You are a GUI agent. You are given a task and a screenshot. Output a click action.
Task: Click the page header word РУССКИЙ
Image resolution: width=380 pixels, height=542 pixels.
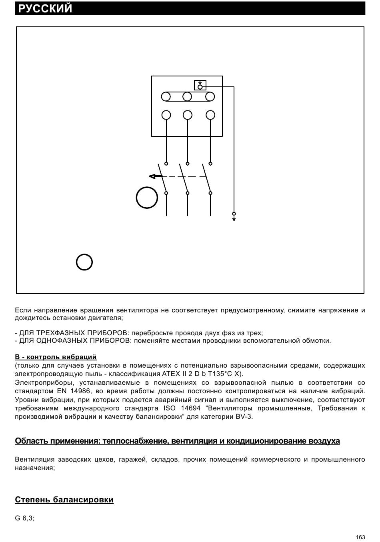[45, 8]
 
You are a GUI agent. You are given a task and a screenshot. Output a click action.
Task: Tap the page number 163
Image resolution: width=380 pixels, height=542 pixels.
[360, 537]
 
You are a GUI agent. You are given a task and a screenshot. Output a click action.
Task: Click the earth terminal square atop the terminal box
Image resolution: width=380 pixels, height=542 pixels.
[200, 85]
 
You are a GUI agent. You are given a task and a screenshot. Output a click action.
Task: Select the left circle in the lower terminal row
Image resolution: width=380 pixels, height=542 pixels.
[166, 115]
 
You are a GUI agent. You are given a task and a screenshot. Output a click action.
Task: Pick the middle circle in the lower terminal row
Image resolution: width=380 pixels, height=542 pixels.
[187, 115]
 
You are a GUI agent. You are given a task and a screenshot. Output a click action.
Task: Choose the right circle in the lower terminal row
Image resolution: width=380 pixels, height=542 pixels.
[210, 115]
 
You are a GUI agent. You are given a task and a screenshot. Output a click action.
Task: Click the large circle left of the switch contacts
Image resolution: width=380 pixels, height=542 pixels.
[147, 198]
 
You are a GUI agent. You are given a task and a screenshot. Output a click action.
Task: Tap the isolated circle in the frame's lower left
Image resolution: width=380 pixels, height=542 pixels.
[84, 262]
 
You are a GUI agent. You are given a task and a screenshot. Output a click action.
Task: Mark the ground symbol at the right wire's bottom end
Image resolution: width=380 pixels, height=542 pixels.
[234, 218]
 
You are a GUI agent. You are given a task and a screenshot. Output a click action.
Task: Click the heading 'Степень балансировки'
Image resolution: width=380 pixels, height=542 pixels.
[64, 500]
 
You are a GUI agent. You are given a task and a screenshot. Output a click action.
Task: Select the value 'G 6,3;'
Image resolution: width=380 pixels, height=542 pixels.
[24, 518]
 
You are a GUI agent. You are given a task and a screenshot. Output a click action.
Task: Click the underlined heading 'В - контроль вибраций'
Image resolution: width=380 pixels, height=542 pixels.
[56, 357]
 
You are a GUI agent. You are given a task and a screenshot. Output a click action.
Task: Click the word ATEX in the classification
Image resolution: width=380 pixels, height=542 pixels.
[171, 374]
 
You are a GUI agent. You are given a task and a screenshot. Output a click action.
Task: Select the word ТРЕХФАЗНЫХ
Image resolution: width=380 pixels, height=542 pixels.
[60, 333]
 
